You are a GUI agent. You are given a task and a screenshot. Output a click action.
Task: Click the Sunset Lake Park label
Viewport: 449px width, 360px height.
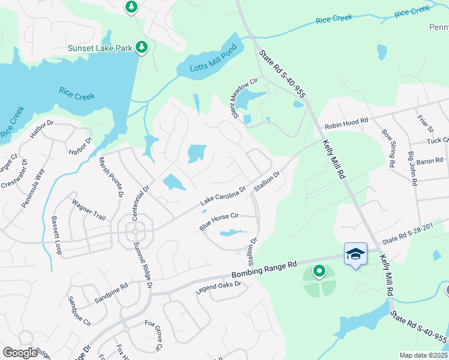pos(99,48)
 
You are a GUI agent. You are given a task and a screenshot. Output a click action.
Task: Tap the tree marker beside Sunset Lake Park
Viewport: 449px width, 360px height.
pos(142,47)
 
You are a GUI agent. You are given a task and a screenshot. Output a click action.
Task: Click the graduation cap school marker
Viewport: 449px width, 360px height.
pos(355,254)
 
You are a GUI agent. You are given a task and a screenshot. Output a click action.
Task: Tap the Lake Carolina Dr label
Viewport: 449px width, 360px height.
pos(223,196)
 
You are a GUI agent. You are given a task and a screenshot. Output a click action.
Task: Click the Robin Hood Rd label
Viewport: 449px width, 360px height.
pos(346,124)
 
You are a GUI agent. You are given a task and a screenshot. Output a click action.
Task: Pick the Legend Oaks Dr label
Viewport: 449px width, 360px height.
pos(218,287)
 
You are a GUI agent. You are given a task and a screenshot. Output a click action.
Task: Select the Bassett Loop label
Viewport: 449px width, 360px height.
pos(57,235)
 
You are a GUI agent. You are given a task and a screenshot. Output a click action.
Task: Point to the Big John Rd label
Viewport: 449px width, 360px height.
pos(412,169)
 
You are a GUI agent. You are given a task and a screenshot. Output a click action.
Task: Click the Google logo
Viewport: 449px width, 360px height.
pos(20,353)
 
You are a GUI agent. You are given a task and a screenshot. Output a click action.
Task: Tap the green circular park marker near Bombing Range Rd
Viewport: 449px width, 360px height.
pos(319,272)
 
